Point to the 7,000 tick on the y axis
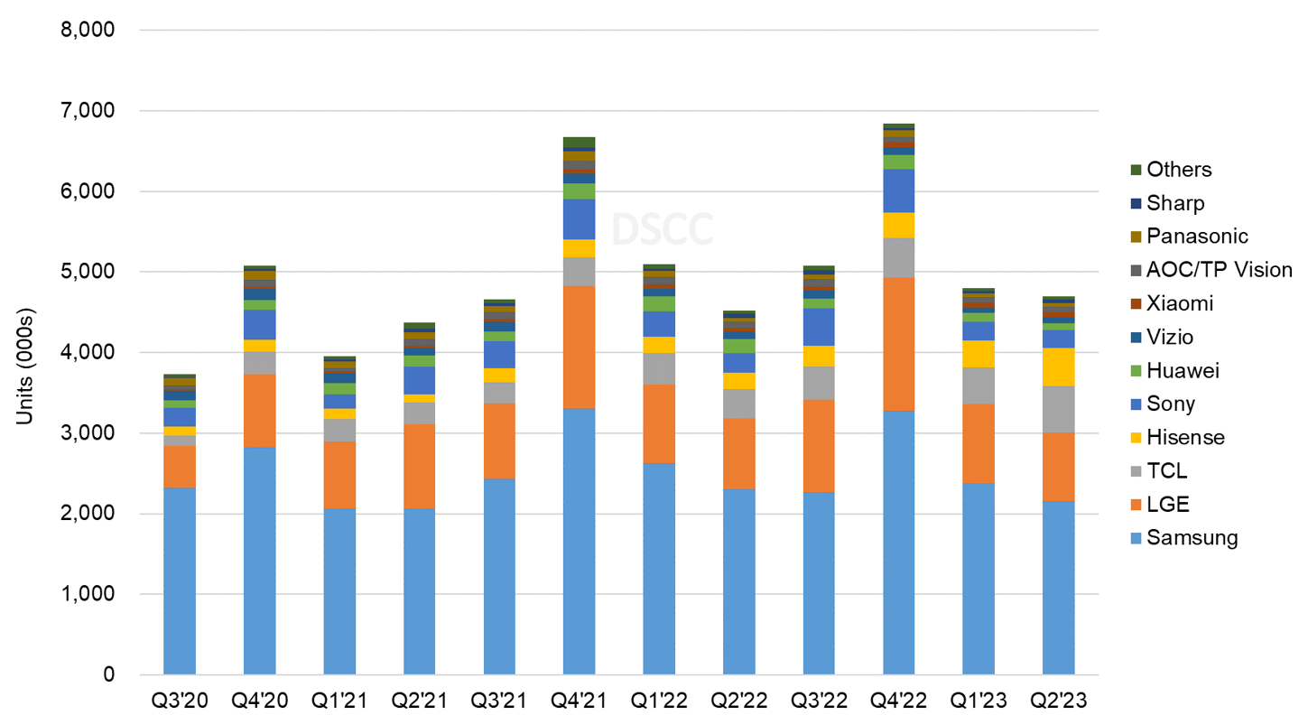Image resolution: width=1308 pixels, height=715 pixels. (x=88, y=110)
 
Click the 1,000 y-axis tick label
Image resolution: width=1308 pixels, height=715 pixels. (x=88, y=594)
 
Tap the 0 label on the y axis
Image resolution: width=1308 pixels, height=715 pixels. (x=107, y=674)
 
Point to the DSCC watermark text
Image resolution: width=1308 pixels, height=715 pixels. (x=662, y=229)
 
